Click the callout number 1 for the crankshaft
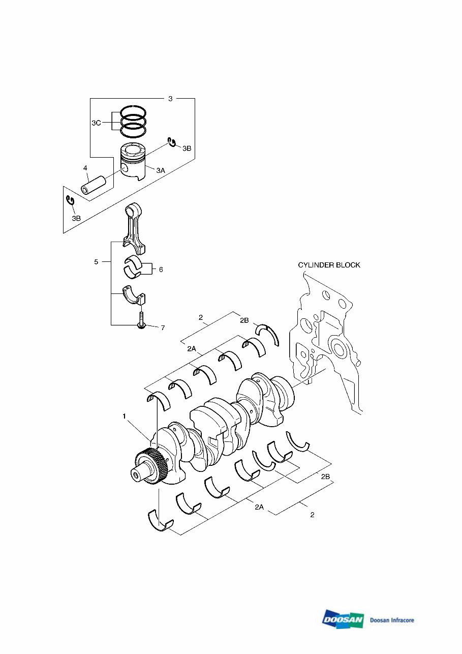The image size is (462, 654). [x=124, y=416]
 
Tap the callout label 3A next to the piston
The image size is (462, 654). [x=161, y=171]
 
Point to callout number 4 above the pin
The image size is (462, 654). [x=85, y=168]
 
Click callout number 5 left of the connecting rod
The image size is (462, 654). [x=96, y=262]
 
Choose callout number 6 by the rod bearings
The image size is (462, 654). [x=161, y=270]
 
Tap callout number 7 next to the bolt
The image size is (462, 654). [x=163, y=328]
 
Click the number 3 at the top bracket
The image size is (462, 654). [x=170, y=99]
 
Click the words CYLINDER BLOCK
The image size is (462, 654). [x=329, y=265]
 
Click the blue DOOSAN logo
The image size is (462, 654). [x=343, y=619]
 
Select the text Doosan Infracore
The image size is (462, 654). [x=392, y=620]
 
